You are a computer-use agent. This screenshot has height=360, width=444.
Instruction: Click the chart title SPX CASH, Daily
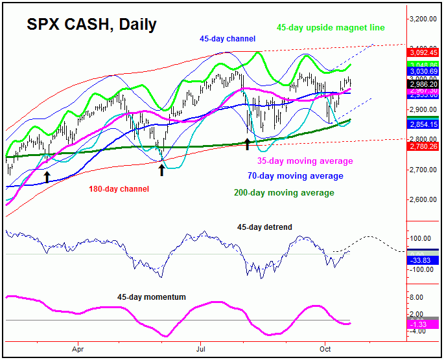(91, 25)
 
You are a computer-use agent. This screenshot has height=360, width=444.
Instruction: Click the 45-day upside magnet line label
(331, 28)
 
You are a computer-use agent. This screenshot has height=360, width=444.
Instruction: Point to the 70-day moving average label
(295, 175)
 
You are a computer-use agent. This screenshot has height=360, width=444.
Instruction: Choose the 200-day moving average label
(284, 192)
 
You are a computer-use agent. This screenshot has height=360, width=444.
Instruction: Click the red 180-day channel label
(119, 189)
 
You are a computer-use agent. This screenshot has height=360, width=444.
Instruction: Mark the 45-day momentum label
(152, 297)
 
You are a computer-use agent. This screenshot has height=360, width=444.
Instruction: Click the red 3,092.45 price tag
(423, 51)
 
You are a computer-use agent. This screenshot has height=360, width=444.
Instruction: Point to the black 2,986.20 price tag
(423, 84)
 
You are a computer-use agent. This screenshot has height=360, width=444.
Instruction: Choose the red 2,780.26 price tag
(423, 147)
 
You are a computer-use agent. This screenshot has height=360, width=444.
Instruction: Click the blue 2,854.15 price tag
(423, 124)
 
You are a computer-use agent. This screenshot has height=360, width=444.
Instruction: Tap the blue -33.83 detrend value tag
(423, 260)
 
